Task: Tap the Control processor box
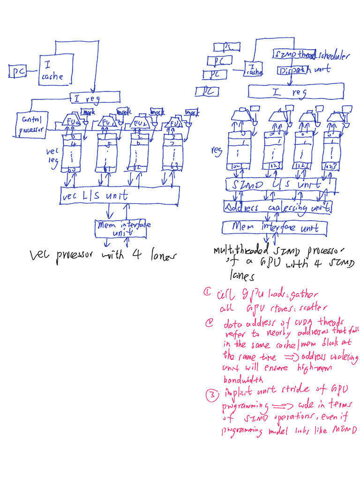[31, 125]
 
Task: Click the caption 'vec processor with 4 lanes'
[102, 256]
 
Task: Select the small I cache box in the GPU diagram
[254, 69]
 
